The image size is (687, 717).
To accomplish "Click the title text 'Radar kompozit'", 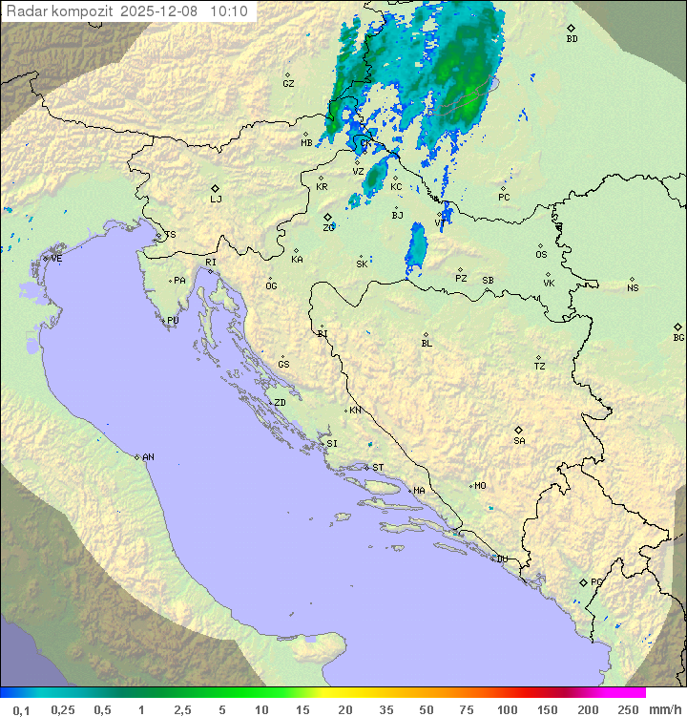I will coord(60,11).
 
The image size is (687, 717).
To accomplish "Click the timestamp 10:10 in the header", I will coord(229,11).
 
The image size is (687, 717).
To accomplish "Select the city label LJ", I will coord(216,200).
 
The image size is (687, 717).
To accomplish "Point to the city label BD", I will coord(572,39).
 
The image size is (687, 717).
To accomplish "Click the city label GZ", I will coord(288,84).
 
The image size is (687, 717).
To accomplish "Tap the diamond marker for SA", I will coord(519,430).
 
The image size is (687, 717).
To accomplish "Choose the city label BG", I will coord(678,337).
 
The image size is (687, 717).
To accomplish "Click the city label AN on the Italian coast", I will coord(148,457).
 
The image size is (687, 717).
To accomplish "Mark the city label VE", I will coord(56,259).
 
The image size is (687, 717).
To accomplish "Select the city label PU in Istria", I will coord(173,321).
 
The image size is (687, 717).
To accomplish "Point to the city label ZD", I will coord(280,403).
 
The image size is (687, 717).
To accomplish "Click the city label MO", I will coord(480,486).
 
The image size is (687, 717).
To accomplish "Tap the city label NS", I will coord(633,288).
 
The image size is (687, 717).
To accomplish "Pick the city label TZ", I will coord(540,367).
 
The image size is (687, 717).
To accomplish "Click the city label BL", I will coord(427,344).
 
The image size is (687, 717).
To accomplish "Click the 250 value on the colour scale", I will coord(628,709).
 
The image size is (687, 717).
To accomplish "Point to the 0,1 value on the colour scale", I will coord(21,709).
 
